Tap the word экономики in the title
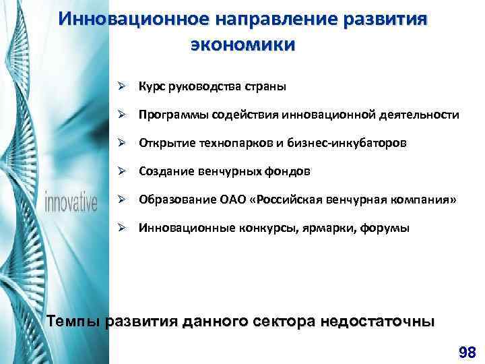243,45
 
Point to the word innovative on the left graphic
71,202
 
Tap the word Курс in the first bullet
152,87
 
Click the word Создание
164,172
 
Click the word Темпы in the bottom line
75,321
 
